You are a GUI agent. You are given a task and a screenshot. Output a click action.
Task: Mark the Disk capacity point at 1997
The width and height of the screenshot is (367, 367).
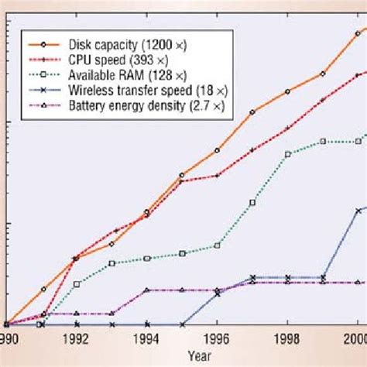(252, 111)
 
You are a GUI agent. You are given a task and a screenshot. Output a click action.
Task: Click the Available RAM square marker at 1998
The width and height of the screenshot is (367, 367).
(287, 154)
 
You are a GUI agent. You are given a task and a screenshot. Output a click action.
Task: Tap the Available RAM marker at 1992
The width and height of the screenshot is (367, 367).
(76, 284)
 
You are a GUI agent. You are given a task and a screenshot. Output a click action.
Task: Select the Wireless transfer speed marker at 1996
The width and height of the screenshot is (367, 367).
(217, 293)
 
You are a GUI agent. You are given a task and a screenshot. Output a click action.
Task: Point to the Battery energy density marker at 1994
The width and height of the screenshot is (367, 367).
(146, 290)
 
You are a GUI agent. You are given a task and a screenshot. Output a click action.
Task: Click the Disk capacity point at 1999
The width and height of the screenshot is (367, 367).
(323, 74)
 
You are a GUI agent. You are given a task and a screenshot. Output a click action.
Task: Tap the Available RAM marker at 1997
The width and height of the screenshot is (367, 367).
(252, 203)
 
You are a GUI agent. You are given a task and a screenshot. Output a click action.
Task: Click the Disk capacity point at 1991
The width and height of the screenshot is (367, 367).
(43, 289)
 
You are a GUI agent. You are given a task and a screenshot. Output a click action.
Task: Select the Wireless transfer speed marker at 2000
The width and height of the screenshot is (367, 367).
(358, 210)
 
